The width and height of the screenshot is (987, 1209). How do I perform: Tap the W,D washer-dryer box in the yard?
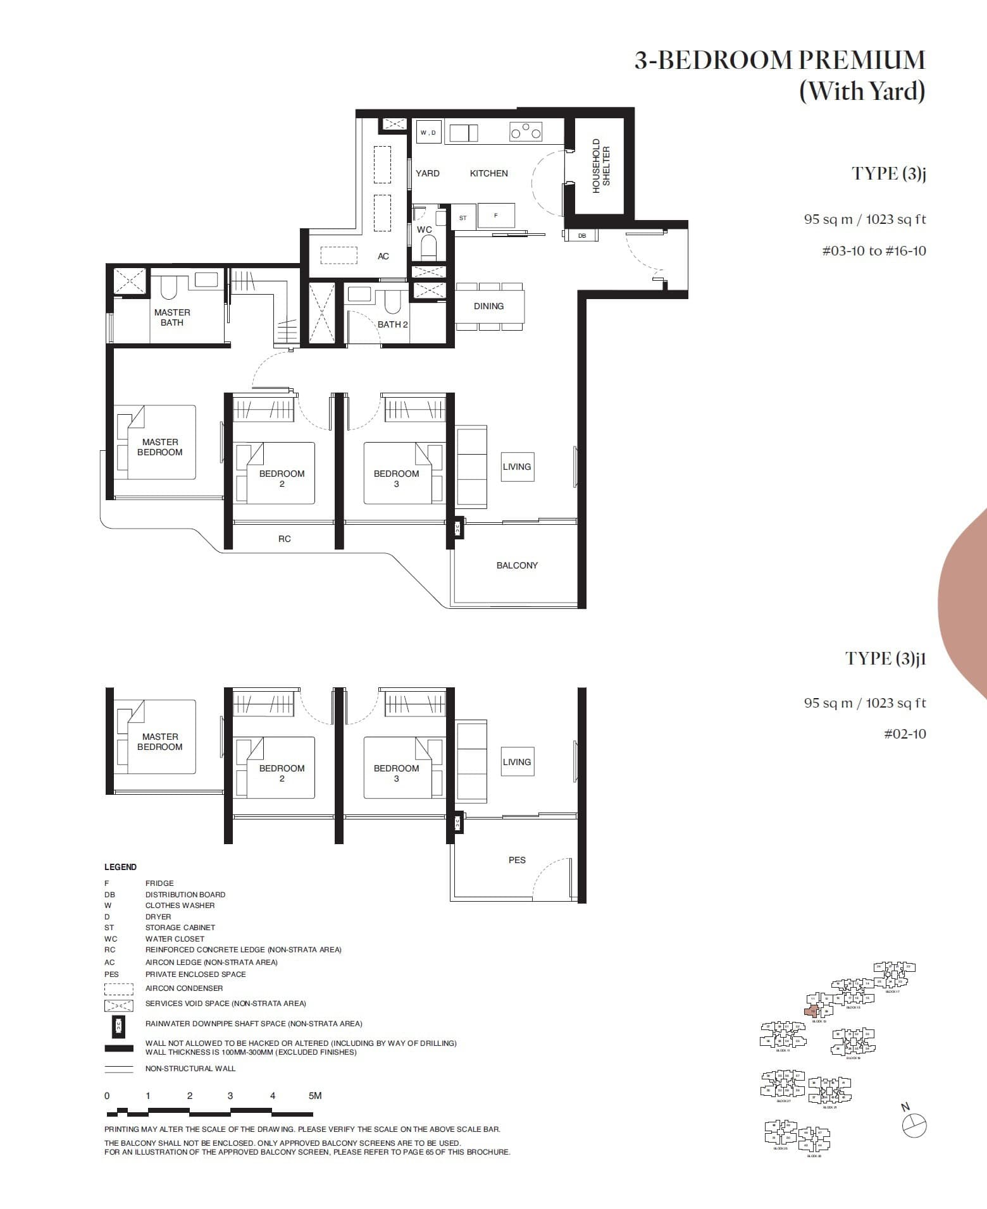click(428, 132)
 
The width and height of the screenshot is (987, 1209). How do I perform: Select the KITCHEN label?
click(488, 173)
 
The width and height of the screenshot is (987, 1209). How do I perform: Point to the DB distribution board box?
click(582, 236)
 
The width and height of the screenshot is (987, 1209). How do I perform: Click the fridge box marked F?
click(496, 216)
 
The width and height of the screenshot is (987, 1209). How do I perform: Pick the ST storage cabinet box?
click(463, 218)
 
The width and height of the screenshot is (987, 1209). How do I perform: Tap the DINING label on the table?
click(488, 306)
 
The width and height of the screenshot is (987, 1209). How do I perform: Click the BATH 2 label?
click(392, 324)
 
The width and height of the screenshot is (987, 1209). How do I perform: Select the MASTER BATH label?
click(172, 317)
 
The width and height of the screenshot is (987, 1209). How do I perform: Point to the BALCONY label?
click(517, 565)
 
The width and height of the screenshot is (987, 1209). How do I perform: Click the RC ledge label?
click(285, 539)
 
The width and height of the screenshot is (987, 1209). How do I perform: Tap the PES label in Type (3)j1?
click(517, 860)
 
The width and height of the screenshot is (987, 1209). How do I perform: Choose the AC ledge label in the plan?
click(383, 256)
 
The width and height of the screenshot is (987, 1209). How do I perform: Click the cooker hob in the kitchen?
click(526, 132)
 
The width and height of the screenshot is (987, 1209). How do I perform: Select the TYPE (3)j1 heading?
click(885, 658)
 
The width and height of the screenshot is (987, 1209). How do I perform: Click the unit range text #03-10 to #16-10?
click(874, 251)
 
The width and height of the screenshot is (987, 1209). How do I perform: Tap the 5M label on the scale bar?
click(315, 1096)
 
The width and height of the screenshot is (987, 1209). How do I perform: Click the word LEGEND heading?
click(120, 867)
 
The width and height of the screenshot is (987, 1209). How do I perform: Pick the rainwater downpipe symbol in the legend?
click(118, 1026)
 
